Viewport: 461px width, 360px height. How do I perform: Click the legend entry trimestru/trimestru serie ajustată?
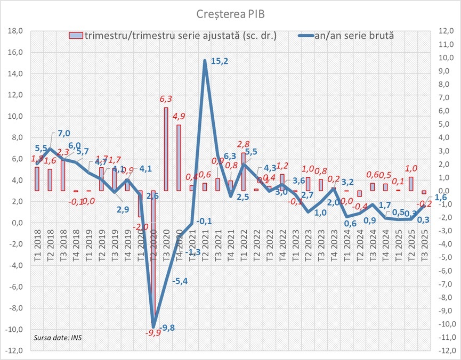[x=176, y=36]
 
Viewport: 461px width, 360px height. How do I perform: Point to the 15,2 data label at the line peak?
[x=219, y=61]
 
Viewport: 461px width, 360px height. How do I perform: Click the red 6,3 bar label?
[x=166, y=99]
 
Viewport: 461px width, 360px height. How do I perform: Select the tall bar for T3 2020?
[x=166, y=149]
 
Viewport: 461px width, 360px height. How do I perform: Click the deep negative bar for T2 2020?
[x=153, y=256]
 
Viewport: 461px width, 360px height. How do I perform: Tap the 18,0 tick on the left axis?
[x=15, y=31]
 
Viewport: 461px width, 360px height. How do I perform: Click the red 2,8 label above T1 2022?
[x=244, y=144]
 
